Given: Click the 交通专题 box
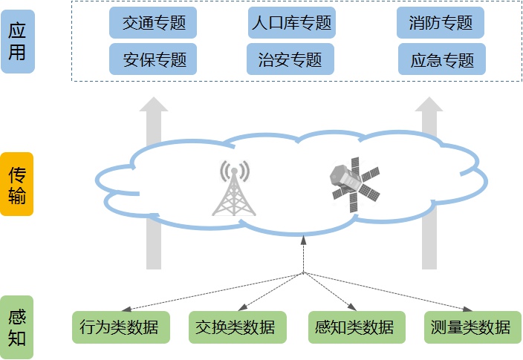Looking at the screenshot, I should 154,23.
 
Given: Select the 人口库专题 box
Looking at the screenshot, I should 291,23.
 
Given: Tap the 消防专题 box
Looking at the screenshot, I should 441,23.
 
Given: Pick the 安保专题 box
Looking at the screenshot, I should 154,59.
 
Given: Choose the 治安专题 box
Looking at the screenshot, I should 291,59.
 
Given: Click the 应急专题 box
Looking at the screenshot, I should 441,59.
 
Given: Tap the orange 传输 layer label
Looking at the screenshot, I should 17,185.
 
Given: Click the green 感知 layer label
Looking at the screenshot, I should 17,327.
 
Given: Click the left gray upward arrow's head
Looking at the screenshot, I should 154,104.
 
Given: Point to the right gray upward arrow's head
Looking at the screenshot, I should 429,104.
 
